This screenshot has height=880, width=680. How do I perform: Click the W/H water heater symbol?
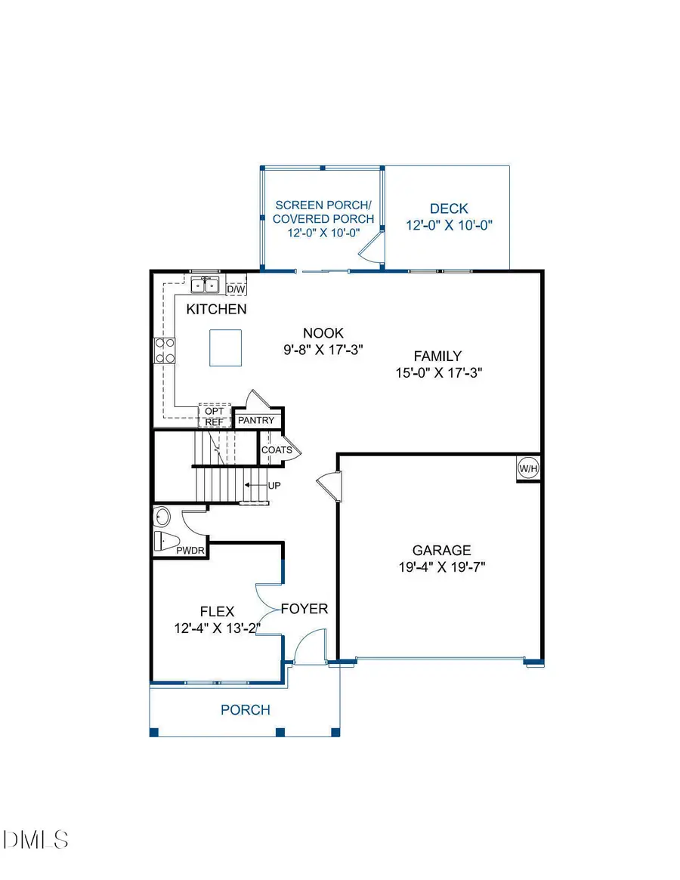(527, 468)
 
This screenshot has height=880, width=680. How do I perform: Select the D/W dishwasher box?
(236, 289)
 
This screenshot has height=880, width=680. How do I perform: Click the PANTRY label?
(258, 420)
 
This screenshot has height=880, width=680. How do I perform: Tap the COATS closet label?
(277, 450)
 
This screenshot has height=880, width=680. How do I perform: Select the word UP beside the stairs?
(274, 485)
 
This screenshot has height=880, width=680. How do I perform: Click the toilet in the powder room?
(167, 541)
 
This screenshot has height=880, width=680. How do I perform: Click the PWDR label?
(191, 551)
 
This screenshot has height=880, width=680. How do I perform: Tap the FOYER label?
(305, 608)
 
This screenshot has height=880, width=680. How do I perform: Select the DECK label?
(449, 208)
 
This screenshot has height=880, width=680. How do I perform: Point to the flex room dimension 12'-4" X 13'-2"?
(217, 627)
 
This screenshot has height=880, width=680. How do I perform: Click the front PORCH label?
(245, 709)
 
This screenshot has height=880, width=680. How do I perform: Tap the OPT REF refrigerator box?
(215, 417)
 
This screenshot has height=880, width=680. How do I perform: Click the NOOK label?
(323, 333)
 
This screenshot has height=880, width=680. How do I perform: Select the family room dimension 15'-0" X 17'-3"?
(437, 372)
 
